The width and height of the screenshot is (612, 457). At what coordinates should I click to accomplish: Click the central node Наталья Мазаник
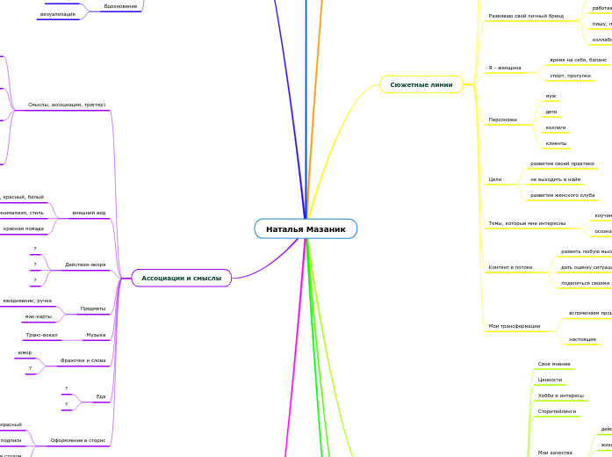[306, 229]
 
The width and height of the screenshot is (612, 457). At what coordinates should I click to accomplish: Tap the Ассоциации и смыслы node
[182, 278]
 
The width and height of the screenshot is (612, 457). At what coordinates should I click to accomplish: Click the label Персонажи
[502, 119]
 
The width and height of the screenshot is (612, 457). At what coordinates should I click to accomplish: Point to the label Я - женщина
[504, 68]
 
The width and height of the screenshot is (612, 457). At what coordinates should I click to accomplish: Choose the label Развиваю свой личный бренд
[526, 16]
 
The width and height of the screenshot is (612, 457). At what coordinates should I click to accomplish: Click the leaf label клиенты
[556, 142]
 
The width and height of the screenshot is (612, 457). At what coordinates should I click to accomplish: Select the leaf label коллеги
[556, 127]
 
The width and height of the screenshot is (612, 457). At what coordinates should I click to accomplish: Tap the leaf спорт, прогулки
[569, 76]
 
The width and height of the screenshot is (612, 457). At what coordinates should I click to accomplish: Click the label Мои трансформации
[514, 326]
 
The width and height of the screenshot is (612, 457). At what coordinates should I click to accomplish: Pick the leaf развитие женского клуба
[562, 195]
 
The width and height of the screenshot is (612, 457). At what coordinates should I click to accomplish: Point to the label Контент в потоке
[510, 267]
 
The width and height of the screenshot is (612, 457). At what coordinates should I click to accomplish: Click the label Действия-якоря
[85, 265]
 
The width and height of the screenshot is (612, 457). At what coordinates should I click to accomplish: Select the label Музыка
[96, 335]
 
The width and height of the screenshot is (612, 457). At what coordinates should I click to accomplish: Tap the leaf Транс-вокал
[42, 335]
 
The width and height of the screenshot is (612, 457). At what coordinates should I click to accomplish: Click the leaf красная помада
[23, 228]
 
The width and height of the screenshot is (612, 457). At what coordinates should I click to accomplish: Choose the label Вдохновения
[120, 6]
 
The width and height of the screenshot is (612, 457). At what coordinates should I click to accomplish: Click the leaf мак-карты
[38, 316]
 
